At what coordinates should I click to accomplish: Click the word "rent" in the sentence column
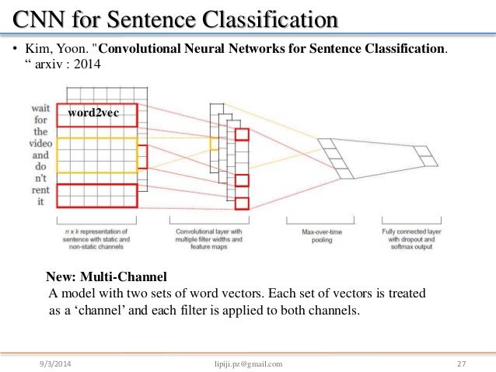point(41,190)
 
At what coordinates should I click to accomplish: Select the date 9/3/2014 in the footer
point(60,363)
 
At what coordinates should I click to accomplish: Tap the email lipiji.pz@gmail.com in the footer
point(247,363)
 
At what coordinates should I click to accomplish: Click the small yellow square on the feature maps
point(214,144)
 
